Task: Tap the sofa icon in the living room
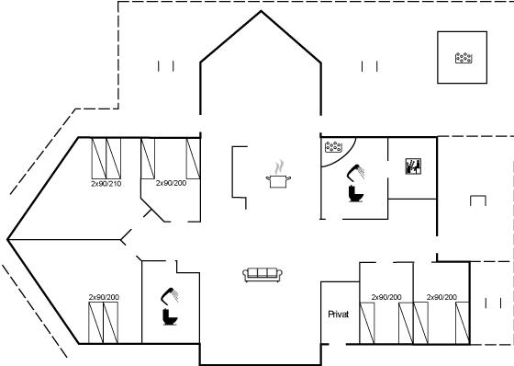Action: click(263, 275)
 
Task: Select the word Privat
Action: click(339, 315)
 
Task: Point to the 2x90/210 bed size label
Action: click(106, 184)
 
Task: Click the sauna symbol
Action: click(413, 166)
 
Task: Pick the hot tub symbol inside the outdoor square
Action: click(464, 58)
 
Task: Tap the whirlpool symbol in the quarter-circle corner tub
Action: click(334, 146)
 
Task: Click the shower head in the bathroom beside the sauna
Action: click(356, 173)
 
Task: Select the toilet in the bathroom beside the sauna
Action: click(356, 193)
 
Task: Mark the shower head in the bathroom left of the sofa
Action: click(170, 295)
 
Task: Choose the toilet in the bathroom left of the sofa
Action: click(170, 316)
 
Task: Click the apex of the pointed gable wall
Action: click(261, 11)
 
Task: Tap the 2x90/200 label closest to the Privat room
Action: click(386, 297)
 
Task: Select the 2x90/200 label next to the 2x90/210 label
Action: click(171, 183)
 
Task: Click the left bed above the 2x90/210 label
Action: click(99, 158)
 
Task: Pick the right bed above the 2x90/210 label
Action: click(114, 158)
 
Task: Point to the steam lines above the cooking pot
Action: click(279, 167)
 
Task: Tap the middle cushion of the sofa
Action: click(263, 273)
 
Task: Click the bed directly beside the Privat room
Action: click(367, 323)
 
